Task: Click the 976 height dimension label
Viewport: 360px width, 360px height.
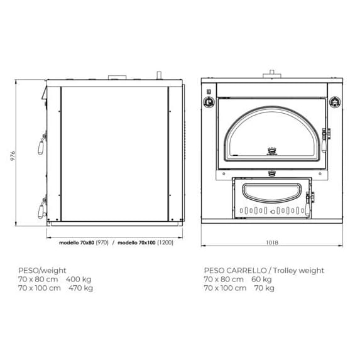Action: pos(13,156)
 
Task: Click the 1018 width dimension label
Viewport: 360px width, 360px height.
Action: pos(272,243)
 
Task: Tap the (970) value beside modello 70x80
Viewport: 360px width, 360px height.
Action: pos(102,243)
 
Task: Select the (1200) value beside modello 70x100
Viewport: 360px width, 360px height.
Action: pos(165,243)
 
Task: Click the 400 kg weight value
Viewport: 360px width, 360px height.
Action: pos(79,280)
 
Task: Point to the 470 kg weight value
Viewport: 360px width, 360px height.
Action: pos(81,288)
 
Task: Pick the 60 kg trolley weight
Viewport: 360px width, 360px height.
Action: pos(261,280)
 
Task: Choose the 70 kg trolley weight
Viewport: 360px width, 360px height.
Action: pos(265,288)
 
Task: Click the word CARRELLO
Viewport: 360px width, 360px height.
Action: pos(246,270)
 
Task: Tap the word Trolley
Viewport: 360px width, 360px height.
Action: pos(285,271)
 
